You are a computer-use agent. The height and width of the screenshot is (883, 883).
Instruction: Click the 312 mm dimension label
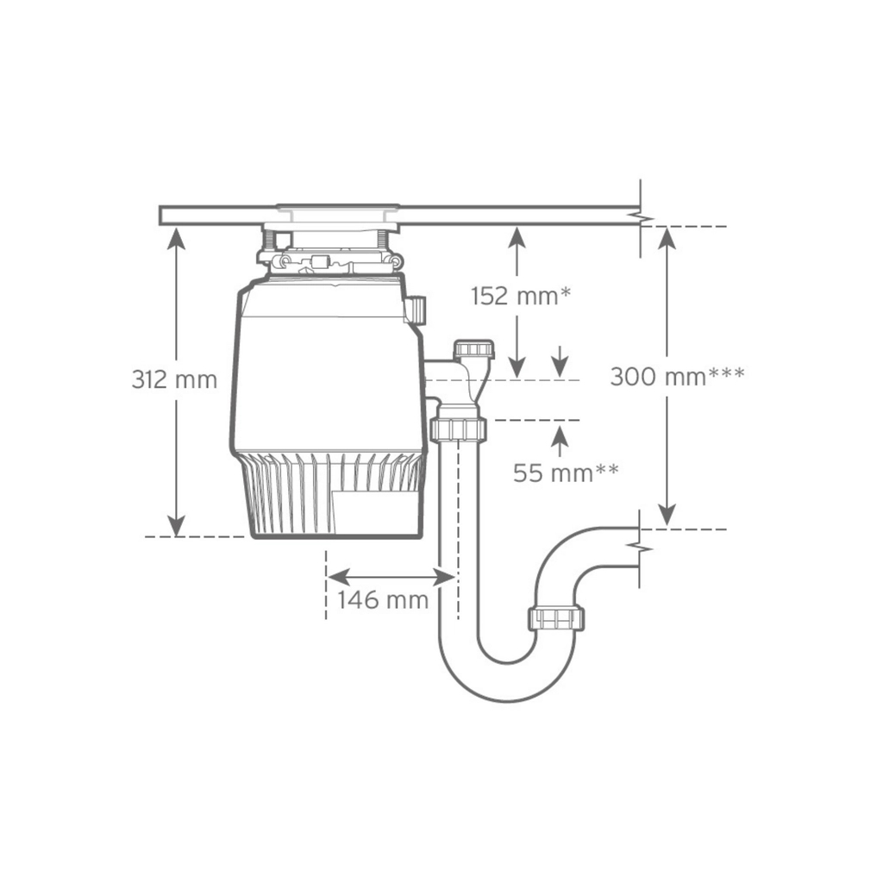[x=174, y=379]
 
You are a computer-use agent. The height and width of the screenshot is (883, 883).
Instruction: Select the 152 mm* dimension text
[x=521, y=297]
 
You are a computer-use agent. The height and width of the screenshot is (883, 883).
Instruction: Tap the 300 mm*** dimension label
[x=677, y=376]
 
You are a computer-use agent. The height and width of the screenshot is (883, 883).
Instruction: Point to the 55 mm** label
[x=566, y=473]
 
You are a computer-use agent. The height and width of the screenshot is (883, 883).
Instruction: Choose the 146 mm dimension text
[x=382, y=599]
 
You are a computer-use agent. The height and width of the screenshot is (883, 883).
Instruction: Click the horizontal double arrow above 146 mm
[x=391, y=576]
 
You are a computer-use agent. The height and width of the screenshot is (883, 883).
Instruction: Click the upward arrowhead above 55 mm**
[x=560, y=435]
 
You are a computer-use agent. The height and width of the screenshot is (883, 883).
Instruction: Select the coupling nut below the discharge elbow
[x=457, y=429]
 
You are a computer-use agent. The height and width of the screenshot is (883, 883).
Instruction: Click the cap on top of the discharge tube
[x=473, y=349]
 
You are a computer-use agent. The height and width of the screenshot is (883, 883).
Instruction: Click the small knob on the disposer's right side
[x=417, y=310]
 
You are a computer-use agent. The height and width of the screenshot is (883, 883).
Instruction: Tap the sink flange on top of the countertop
[x=337, y=208]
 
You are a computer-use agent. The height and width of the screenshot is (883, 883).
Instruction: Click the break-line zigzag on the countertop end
[x=640, y=216]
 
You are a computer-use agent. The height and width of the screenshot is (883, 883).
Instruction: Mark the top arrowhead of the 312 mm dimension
[x=176, y=238]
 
